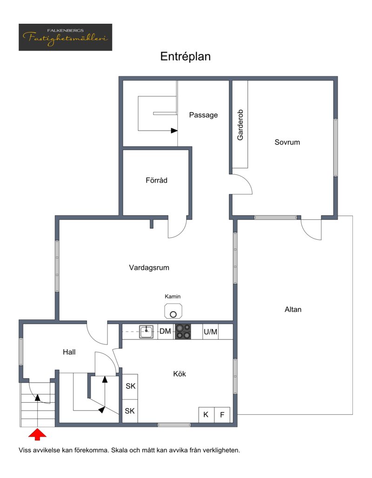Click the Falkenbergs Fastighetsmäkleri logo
[65, 37]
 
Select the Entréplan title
[186, 56]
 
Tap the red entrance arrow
[37, 434]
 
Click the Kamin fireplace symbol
[173, 311]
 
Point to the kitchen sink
[146, 332]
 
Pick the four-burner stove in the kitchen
[183, 332]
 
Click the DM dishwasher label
[165, 332]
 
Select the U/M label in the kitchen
[210, 332]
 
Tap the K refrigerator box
[206, 415]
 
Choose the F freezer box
[222, 415]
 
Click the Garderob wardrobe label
[240, 125]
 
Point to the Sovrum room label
[287, 142]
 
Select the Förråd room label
[156, 180]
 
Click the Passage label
[203, 115]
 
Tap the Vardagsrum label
[149, 268]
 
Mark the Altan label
[293, 309]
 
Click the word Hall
[69, 352]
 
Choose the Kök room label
[179, 374]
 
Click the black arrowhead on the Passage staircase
[174, 131]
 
